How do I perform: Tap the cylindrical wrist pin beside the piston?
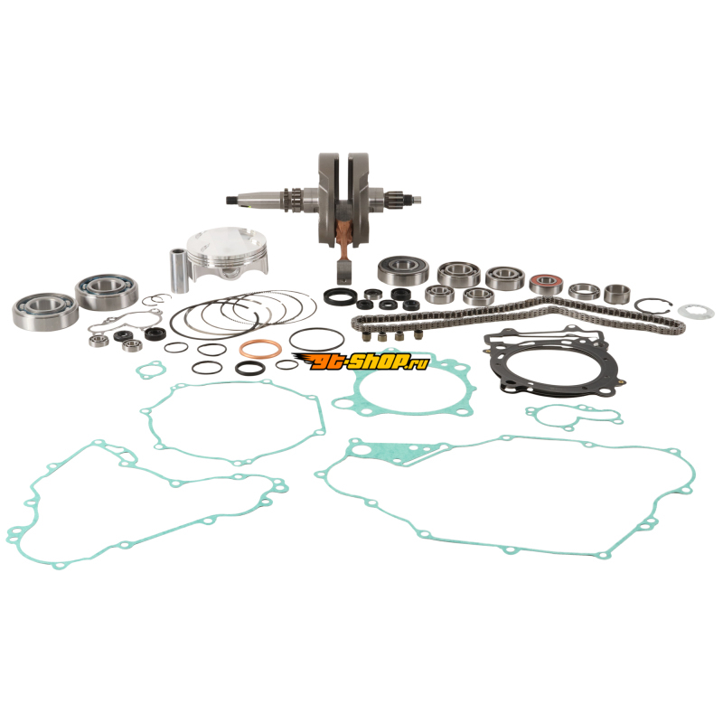178,270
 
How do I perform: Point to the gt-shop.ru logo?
361,361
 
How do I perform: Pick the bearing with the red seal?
546,284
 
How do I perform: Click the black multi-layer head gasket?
553,360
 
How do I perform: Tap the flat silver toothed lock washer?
696,312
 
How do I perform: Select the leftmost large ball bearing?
45,311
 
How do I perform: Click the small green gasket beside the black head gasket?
575,416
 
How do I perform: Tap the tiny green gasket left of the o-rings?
151,370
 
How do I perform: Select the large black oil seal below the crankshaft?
340,296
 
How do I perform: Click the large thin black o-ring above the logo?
317,340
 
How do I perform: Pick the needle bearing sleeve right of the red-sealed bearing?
616,294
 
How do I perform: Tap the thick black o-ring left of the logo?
250,368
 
